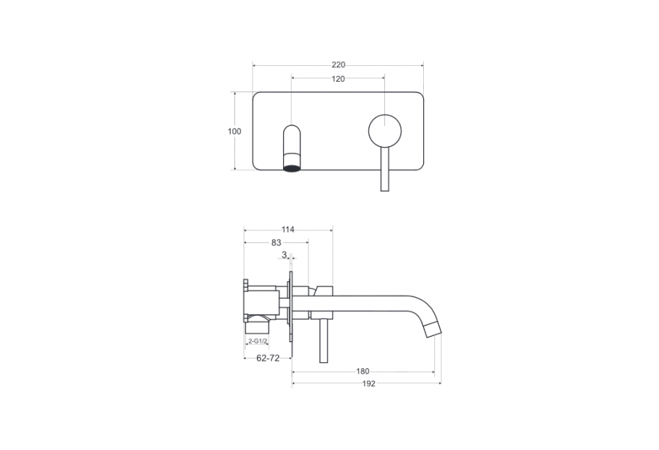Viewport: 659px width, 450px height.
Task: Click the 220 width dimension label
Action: tap(338, 64)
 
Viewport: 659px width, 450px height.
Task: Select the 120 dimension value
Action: tap(338, 79)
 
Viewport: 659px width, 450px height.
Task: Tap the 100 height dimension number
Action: tap(234, 131)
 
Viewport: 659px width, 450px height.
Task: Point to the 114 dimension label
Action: tap(288, 229)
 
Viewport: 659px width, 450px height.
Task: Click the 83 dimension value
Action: tap(276, 242)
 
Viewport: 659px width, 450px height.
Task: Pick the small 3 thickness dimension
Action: tap(284, 255)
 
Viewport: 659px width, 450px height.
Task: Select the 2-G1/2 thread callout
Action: tap(258, 341)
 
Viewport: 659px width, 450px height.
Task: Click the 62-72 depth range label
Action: tap(268, 358)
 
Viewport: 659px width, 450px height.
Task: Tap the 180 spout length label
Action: tap(362, 371)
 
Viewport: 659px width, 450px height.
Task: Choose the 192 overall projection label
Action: tap(368, 383)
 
